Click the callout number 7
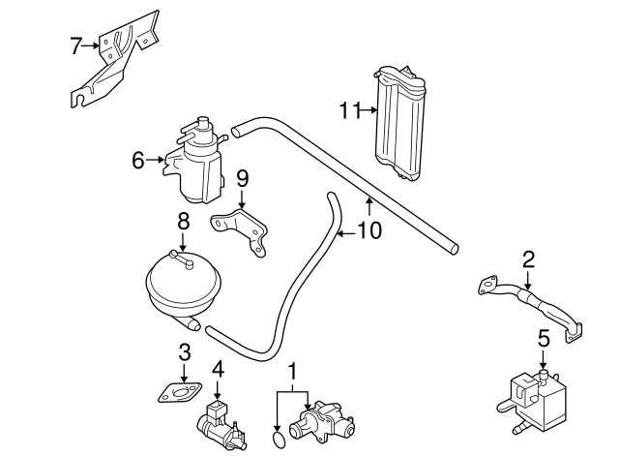coord(76,45)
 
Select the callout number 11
coord(349,109)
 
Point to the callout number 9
coord(242,178)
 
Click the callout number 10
coord(369,231)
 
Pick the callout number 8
coord(182,221)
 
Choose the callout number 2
coord(528,258)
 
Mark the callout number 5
coord(543,338)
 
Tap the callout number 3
coord(183,354)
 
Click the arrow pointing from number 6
coord(156,160)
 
